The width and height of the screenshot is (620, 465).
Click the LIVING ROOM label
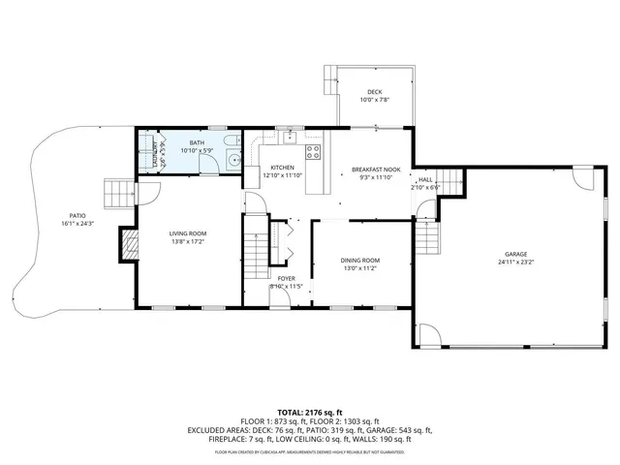coord(188,233)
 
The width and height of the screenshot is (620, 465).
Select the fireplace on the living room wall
coord(127,245)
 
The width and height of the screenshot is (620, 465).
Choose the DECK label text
coord(373,92)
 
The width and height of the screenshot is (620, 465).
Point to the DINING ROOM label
coord(359,260)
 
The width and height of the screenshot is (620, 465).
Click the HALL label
coord(424,179)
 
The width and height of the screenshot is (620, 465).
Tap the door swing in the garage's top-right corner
coord(581,178)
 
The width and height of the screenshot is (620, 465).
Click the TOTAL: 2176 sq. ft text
coord(310,412)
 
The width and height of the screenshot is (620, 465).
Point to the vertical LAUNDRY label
coord(156,155)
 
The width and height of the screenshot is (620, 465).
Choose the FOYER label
coord(286,278)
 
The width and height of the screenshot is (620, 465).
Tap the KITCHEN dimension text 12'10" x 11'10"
coord(282,175)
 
